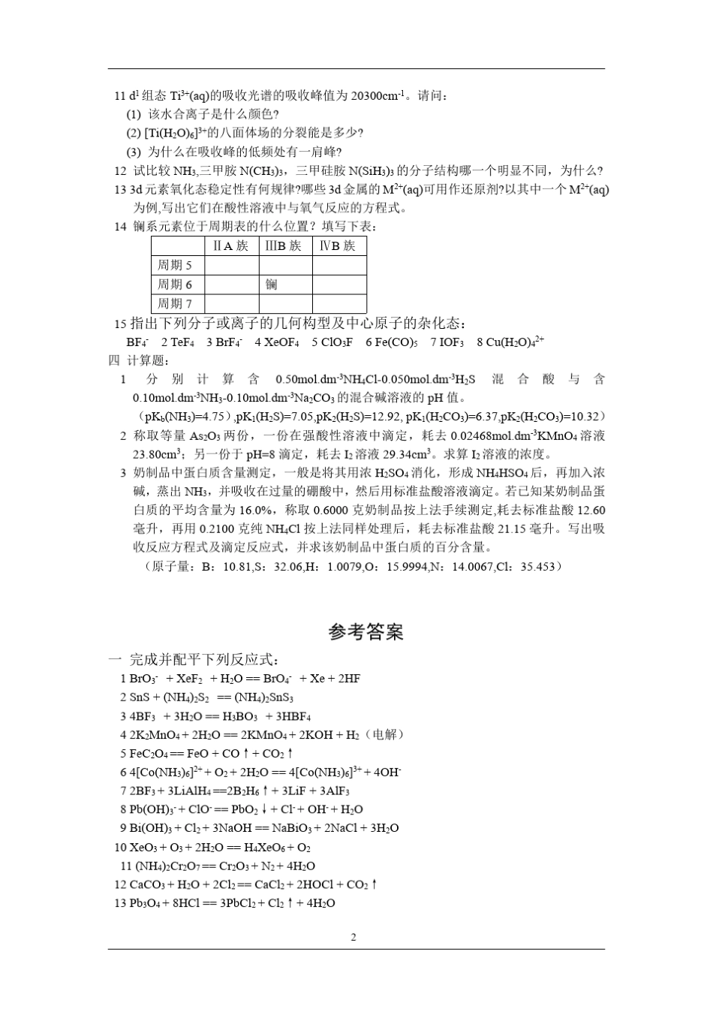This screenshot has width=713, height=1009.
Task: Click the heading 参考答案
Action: (366, 632)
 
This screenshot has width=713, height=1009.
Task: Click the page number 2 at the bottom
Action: (353, 936)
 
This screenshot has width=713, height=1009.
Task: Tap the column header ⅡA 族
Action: (231, 245)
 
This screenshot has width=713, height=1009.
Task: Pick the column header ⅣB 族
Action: (338, 245)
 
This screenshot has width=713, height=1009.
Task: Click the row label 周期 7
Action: (175, 304)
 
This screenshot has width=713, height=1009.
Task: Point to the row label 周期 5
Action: (175, 265)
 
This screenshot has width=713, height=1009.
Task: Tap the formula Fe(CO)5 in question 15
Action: (391, 342)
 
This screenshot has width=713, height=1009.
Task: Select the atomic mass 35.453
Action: (539, 567)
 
